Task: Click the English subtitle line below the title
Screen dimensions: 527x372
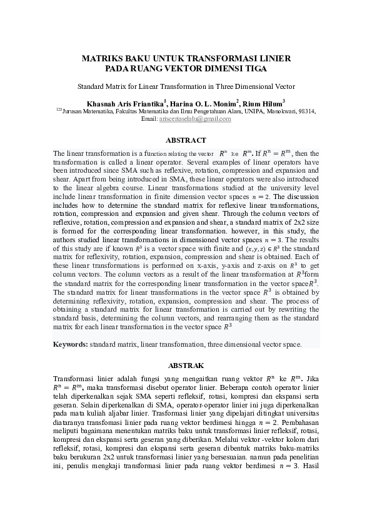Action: click(x=186, y=87)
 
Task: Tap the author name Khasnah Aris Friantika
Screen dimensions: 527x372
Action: click(x=121, y=102)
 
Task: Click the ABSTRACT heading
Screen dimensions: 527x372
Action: click(x=186, y=140)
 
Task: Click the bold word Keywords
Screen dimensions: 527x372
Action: click(x=70, y=344)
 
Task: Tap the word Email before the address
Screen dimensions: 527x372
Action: click(x=149, y=118)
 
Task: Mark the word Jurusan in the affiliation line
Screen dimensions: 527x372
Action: click(x=73, y=111)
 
